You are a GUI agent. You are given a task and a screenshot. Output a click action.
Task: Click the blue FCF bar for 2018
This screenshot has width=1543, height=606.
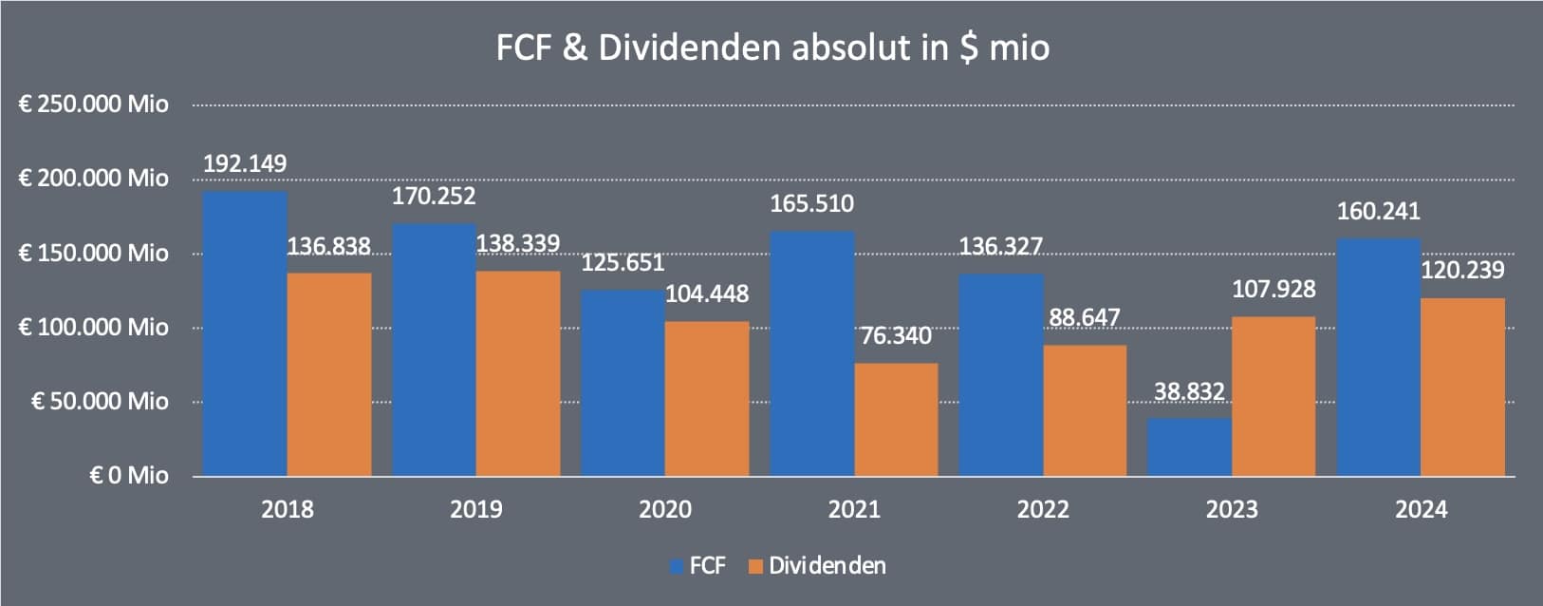tap(245, 333)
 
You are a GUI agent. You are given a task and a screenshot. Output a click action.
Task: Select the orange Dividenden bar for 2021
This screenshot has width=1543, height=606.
tap(896, 419)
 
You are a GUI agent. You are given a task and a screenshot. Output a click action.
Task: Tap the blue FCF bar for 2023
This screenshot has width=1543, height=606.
tap(1189, 446)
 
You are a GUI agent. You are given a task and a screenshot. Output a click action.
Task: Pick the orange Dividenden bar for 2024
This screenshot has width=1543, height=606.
tap(1462, 387)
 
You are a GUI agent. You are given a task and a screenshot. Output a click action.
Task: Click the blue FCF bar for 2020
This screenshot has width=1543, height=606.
tap(623, 383)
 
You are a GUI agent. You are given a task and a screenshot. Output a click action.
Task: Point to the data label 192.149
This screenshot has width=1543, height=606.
tap(245, 163)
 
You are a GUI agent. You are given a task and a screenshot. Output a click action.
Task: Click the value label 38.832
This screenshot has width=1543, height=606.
tap(1189, 391)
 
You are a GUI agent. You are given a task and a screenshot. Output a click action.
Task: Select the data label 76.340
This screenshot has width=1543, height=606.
tap(896, 335)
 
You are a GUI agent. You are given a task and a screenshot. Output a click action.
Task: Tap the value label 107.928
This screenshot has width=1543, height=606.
tap(1273, 289)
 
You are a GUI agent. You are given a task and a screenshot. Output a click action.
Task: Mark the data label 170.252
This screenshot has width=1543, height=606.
tap(434, 197)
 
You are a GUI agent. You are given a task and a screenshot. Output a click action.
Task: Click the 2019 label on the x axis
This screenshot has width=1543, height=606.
tap(475, 509)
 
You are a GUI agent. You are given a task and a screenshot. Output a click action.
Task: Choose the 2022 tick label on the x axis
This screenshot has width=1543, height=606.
tap(1043, 509)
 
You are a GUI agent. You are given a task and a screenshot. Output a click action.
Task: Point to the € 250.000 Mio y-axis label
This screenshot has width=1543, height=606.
tap(93, 104)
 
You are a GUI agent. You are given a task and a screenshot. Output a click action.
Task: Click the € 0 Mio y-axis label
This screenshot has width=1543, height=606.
tap(128, 475)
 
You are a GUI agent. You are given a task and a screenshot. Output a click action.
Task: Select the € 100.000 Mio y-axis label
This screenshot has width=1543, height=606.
tap(93, 327)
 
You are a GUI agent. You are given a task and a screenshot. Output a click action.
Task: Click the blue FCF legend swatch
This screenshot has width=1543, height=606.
tap(677, 567)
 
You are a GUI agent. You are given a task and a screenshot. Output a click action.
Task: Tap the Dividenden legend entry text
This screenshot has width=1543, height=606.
tap(827, 566)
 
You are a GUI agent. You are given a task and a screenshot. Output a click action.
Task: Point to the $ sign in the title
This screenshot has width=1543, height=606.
tap(968, 47)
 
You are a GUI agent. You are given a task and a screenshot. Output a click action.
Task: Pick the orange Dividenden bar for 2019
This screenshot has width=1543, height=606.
tap(518, 373)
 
